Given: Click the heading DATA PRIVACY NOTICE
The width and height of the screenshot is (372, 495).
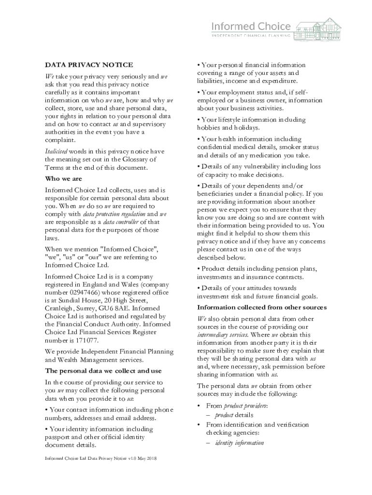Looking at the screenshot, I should click(89, 65).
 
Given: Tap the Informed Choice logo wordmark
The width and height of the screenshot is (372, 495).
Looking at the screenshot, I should click(252, 26).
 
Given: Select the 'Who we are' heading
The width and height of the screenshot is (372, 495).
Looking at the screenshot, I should click(63, 179).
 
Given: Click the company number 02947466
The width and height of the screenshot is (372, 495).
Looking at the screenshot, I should click(91, 293).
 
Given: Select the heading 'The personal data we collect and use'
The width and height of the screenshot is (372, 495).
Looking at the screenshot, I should click(104, 371).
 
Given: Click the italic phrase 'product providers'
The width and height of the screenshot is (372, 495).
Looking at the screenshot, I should click(246, 405).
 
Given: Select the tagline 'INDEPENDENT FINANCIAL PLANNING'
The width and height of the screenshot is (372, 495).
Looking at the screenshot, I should click(252, 35).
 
